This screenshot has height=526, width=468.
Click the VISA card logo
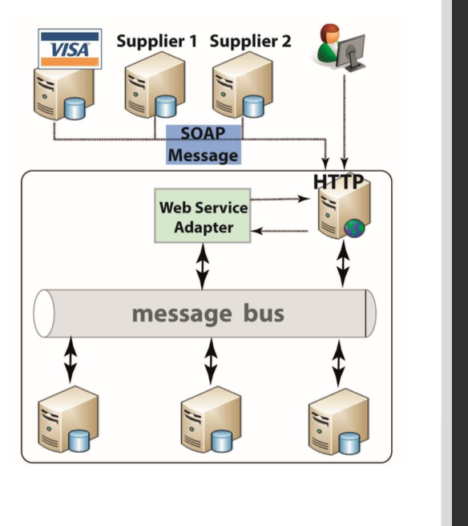click(x=70, y=49)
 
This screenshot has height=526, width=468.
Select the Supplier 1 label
click(x=156, y=41)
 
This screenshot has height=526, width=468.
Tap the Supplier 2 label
click(x=251, y=41)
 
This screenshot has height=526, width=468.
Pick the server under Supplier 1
click(x=155, y=91)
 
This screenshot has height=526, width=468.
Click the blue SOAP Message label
click(x=203, y=144)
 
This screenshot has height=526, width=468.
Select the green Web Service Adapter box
click(x=203, y=216)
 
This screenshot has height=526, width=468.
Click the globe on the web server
click(x=354, y=229)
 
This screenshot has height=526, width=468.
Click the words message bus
click(x=208, y=313)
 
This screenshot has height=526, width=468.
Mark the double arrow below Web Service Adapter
click(x=203, y=266)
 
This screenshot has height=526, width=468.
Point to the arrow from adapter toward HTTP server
click(x=280, y=199)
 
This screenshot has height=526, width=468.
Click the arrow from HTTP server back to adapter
click(x=280, y=231)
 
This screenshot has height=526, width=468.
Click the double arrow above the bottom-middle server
click(x=210, y=361)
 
